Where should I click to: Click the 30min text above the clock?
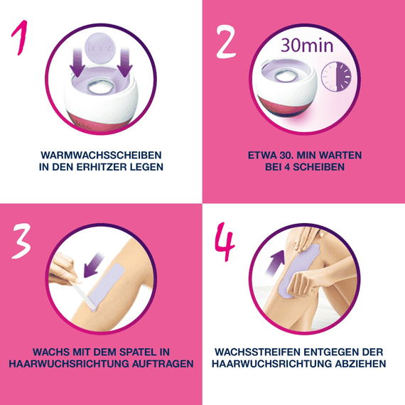[x=308, y=45]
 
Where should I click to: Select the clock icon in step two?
[x=337, y=76]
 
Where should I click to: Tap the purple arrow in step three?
[x=92, y=270]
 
